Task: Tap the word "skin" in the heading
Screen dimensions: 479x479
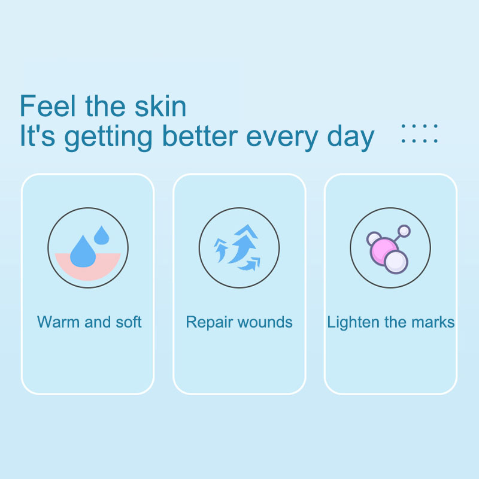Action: coord(159,106)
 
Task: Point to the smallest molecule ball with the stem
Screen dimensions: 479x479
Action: coord(404,231)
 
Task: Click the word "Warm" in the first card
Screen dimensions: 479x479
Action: coord(58,322)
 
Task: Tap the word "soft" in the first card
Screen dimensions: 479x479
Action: coord(128,322)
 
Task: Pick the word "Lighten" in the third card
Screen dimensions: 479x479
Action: coord(353,322)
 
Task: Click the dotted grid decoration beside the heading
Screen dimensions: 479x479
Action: coord(419,134)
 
